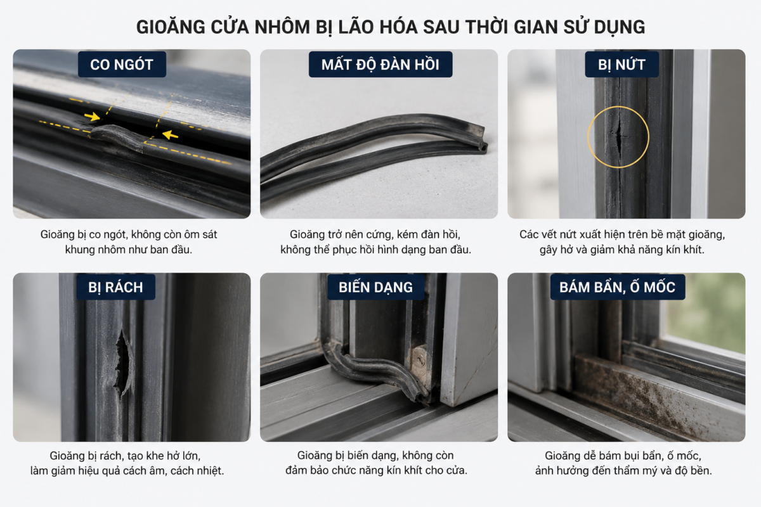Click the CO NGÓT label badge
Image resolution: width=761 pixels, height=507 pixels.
coord(122,65)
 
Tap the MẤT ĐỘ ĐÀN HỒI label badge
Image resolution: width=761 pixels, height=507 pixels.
coord(380,65)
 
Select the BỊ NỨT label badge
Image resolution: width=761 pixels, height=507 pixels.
coord(621,65)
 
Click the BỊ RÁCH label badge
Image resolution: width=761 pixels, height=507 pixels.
coord(116,287)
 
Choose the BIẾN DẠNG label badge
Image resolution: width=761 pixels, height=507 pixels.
coord(375,287)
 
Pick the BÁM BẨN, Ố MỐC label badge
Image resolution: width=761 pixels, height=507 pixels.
coord(618,287)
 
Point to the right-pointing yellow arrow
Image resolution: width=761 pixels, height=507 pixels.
coord(92,117)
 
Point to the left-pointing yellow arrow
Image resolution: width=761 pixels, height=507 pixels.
coord(170,135)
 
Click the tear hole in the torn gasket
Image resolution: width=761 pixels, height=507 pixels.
coord(122,363)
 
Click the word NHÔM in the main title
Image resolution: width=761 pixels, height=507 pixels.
coord(282,27)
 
